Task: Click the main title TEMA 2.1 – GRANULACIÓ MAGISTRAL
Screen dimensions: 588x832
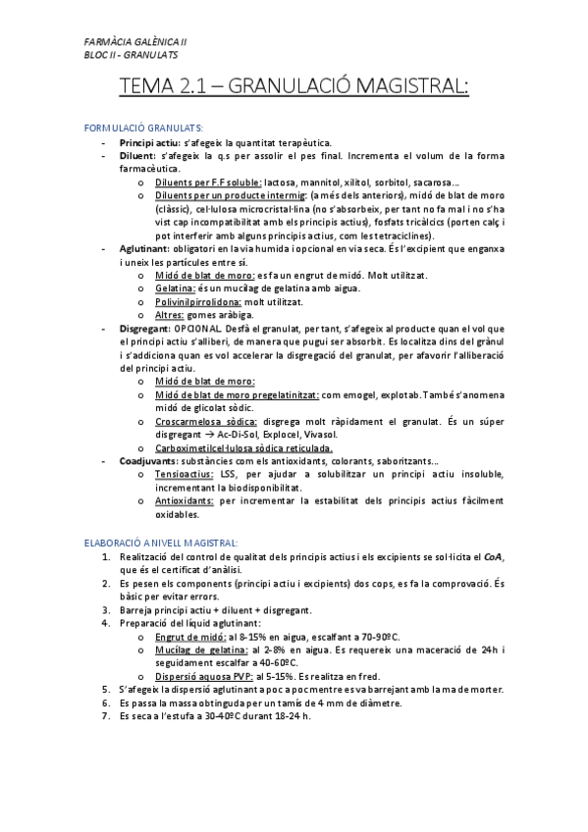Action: point(294,88)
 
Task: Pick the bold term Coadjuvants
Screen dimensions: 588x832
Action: point(147,460)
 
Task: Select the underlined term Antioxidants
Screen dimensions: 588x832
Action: point(187,500)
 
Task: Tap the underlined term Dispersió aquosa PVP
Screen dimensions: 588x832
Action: point(200,676)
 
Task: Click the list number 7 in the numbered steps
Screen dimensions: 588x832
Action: point(106,716)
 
